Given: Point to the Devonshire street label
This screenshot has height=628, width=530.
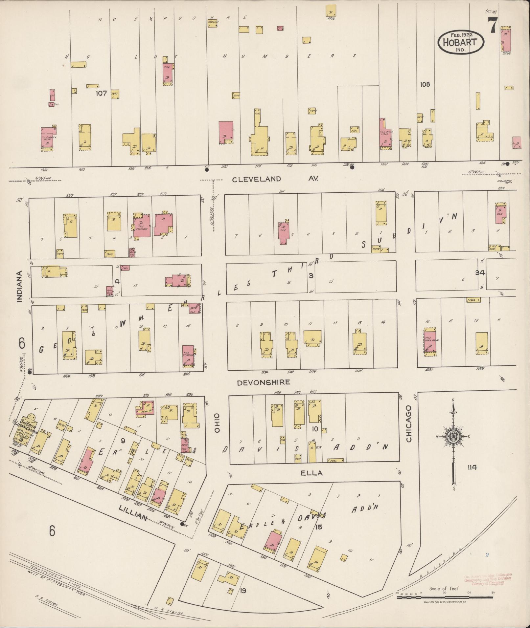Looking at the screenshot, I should [x=264, y=382].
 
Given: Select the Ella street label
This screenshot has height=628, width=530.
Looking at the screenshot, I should [x=311, y=473].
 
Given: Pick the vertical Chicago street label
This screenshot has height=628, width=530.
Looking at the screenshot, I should [x=408, y=423].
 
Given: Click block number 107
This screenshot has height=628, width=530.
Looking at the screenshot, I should [x=101, y=93].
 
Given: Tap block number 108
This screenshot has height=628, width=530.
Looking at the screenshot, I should [x=425, y=84].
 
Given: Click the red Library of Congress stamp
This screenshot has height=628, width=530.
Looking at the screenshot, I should [x=487, y=579].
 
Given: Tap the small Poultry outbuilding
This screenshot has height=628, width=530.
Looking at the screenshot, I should [x=213, y=23].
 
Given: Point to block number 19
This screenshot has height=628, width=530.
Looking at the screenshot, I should [x=243, y=591].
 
